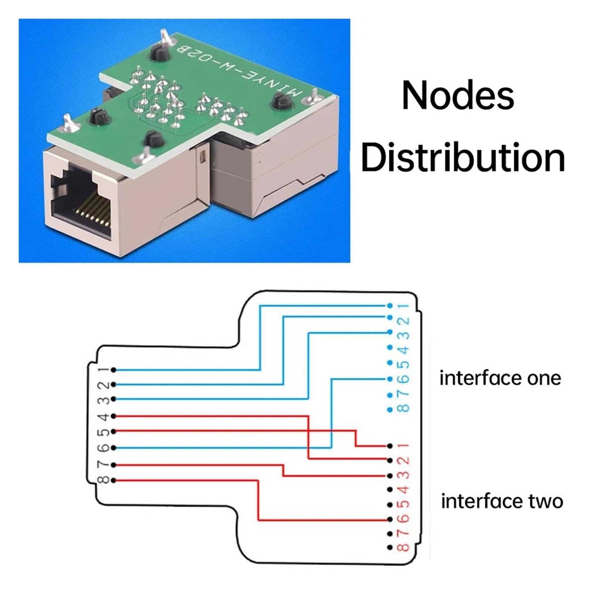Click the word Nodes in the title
[x=458, y=95]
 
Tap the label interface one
[x=500, y=378]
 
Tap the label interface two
[x=502, y=501]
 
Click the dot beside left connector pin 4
[x=114, y=416]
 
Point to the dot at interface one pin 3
[x=390, y=331]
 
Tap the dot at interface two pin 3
[x=390, y=475]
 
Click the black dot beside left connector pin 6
[x=114, y=448]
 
